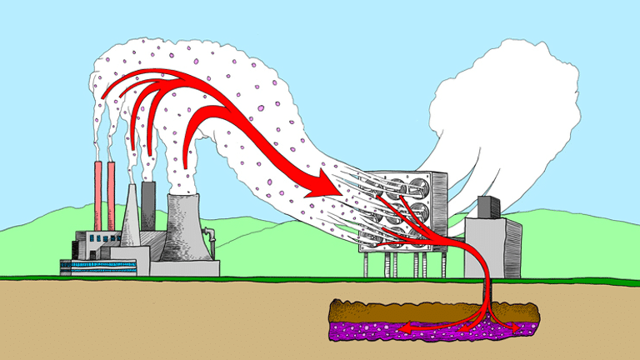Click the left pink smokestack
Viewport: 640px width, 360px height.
tap(98, 196)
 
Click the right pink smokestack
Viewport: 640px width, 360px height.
tap(110, 196)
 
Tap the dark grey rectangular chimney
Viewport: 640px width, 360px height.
tap(148, 204)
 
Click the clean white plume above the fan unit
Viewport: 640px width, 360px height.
tap(508, 108)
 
